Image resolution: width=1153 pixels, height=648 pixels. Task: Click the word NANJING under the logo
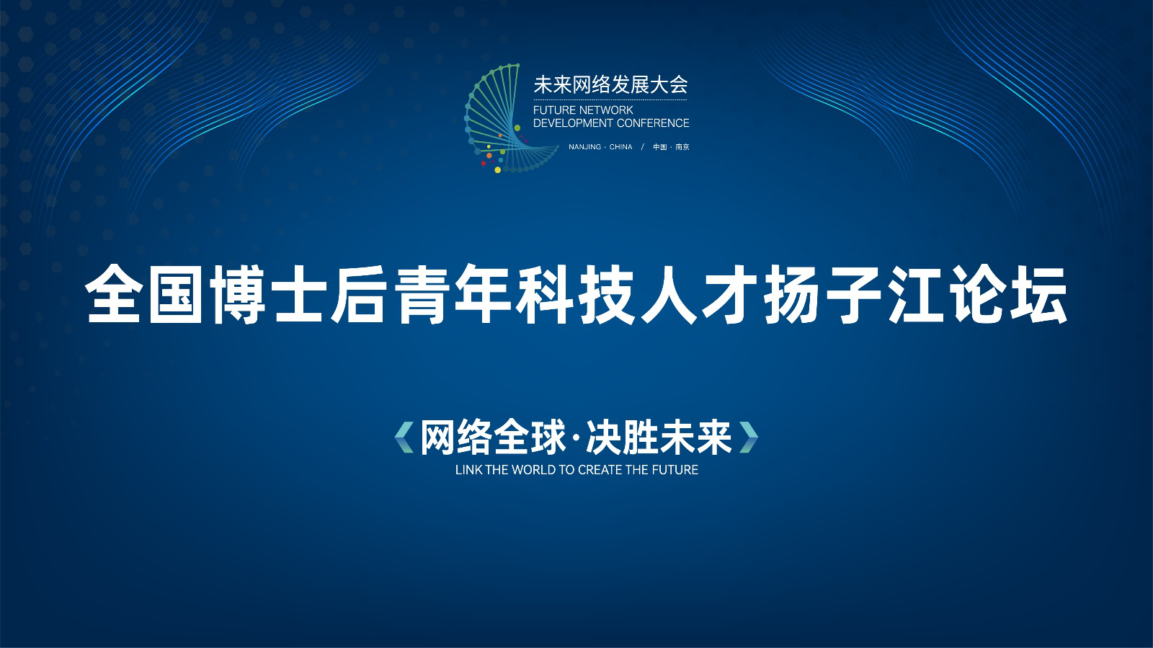tap(584, 147)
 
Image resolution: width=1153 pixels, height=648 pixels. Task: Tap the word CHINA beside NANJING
tap(620, 147)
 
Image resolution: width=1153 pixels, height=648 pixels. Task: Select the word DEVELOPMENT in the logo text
tap(573, 123)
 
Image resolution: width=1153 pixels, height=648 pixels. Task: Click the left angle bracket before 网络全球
tap(404, 438)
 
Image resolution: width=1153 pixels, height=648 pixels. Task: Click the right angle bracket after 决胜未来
tap(749, 438)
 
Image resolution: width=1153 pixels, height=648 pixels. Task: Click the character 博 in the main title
tap(237, 294)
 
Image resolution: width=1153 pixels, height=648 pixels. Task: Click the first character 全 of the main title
tap(112, 294)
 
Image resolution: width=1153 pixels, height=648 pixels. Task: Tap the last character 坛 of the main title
tap(1039, 294)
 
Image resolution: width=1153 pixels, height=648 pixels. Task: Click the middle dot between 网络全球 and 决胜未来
tap(576, 438)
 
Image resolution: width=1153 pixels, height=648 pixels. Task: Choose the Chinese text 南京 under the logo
tap(682, 147)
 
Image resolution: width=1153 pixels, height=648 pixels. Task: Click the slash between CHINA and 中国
tap(642, 147)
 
